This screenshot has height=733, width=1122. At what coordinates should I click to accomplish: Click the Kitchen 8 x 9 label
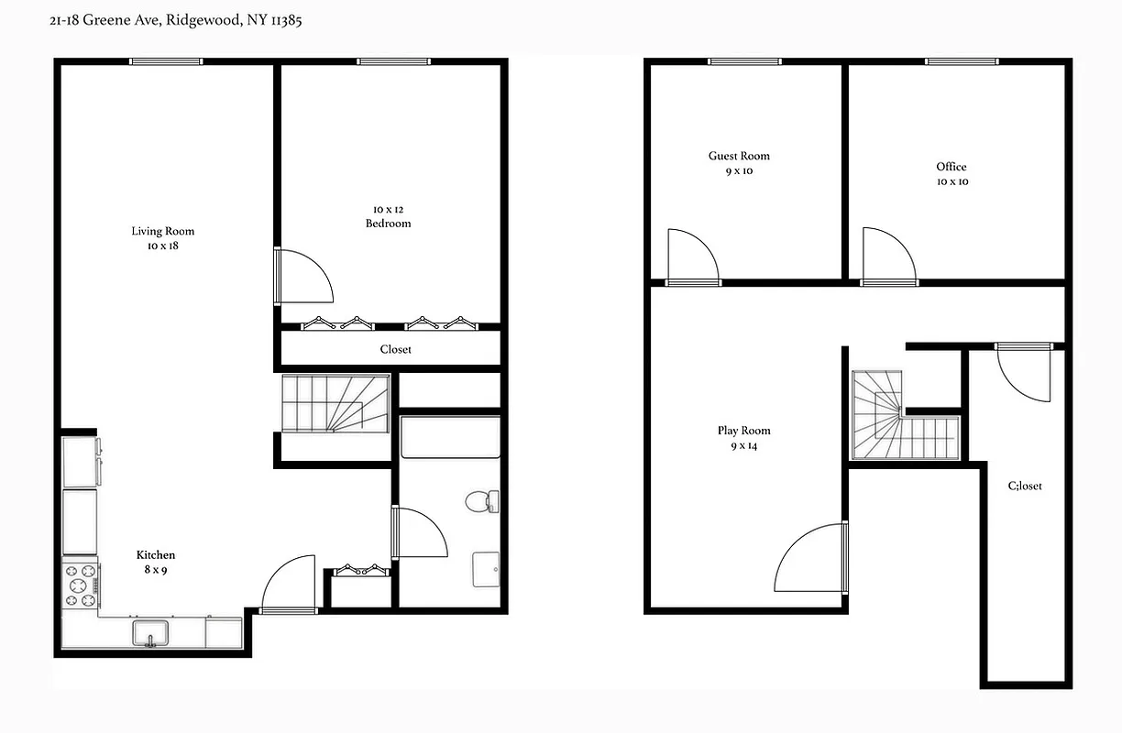pos(156,562)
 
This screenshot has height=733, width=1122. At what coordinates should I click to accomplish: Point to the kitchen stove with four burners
pos(80,585)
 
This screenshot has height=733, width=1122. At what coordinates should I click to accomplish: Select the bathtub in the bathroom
pos(450,437)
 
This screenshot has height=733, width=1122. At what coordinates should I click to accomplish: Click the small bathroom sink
pos(487,568)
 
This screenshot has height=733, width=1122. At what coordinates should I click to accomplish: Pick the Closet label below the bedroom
pos(395,349)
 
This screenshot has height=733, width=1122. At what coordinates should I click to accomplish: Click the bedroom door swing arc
pos(307,276)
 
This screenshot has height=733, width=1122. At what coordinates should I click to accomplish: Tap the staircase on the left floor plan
pos(335,404)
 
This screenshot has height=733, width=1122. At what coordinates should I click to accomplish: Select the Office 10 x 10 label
pos(951,173)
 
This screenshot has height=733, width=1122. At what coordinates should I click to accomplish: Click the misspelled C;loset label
pos(1025,486)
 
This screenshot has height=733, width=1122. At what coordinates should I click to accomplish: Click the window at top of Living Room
pos(165,61)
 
